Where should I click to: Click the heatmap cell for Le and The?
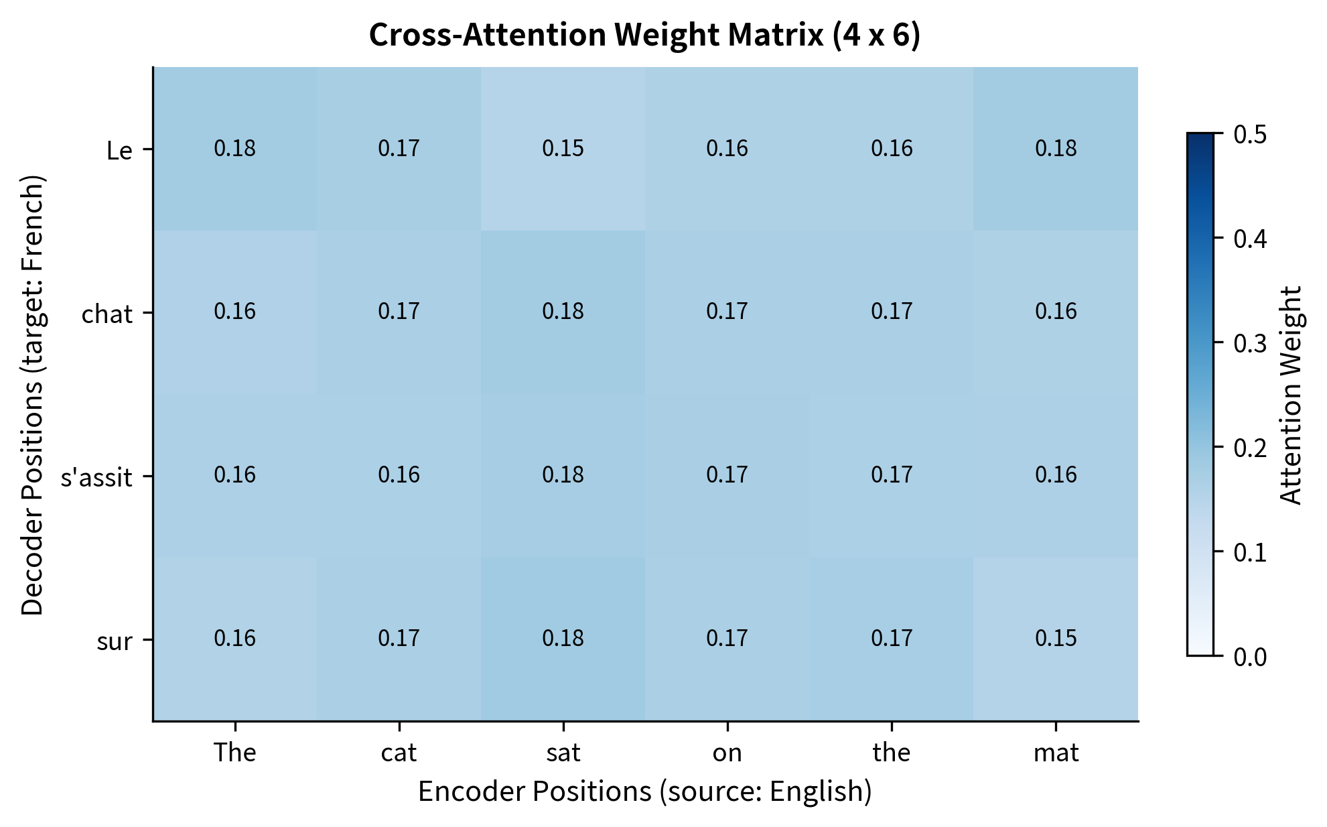[235, 149]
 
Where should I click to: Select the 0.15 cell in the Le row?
[563, 149]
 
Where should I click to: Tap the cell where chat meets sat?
[563, 312]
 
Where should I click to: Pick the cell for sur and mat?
[1056, 638]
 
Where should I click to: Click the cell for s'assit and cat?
[399, 475]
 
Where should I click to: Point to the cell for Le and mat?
[1056, 149]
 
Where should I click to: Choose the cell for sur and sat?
[563, 638]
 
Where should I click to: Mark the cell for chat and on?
[727, 312]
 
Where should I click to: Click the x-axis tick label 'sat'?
[563, 753]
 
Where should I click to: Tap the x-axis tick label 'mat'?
[1056, 753]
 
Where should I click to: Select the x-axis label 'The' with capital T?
[235, 753]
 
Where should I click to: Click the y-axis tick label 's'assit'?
[96, 478]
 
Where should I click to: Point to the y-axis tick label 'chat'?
[107, 314]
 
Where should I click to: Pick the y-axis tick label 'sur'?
[115, 641]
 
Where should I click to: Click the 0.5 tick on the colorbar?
[1250, 134]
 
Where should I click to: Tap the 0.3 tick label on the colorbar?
[1250, 343]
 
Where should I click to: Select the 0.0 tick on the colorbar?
[1250, 657]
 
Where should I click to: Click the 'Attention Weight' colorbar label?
[1290, 395]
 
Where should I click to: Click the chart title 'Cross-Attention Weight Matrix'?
[644, 35]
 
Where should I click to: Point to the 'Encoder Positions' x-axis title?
[644, 791]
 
